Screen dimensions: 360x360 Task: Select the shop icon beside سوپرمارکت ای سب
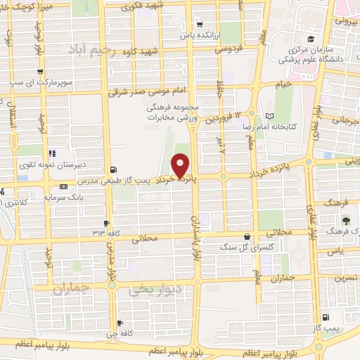[x=40, y=71]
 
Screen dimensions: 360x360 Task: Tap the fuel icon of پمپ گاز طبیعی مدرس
[x=113, y=169]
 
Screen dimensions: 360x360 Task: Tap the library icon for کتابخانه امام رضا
[x=271, y=116]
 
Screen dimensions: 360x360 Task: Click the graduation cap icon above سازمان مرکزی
[x=309, y=39]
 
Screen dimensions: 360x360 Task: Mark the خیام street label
[x=282, y=84]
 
